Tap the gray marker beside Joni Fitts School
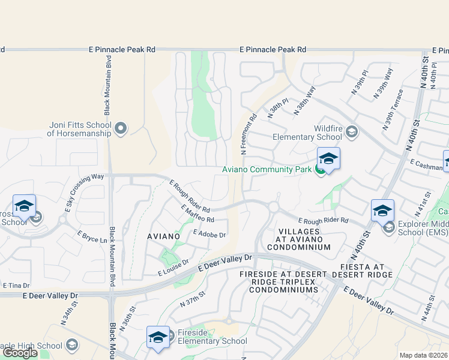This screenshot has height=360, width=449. click(121, 128)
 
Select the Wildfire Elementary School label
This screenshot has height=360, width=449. click(328, 133)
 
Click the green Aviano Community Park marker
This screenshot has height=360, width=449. click(321, 170)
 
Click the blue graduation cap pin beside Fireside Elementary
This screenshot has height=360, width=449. click(158, 338)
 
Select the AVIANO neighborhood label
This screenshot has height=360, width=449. click(164, 236)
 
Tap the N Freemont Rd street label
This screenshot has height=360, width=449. click(248, 134)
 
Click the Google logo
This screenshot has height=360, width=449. click(20, 353)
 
